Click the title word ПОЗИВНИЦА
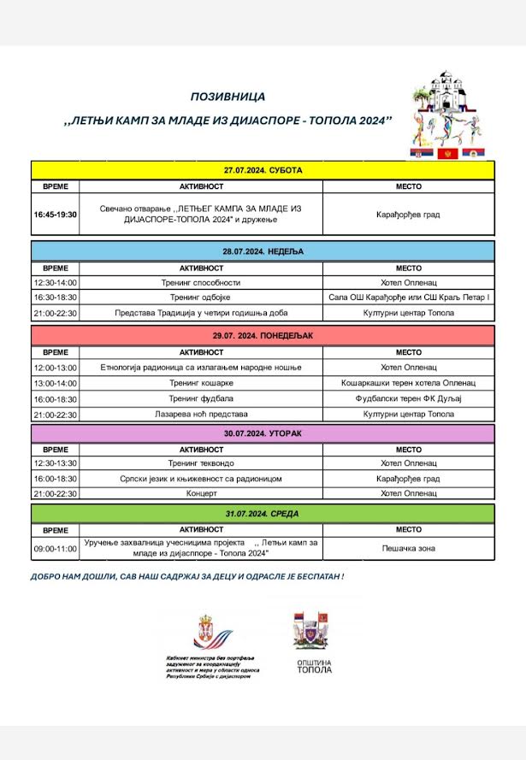tap(228, 97)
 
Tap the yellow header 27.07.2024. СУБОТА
tap(263, 170)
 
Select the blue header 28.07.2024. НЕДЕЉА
tap(263, 251)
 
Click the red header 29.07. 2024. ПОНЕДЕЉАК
tap(263, 335)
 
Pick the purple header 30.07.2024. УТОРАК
tap(263, 433)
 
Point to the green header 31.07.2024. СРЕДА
tap(263, 514)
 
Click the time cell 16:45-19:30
tap(56, 214)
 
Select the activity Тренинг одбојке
tap(201, 298)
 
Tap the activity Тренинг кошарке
tap(201, 383)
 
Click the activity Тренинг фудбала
tap(201, 398)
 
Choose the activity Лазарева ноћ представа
tap(201, 415)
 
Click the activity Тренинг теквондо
tap(201, 463)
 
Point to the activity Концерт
tap(201, 494)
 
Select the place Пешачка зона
tap(408, 547)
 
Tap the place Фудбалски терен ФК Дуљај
tap(408, 398)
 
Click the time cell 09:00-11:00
tap(56, 548)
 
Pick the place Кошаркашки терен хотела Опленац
tap(408, 383)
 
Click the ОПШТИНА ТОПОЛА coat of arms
tap(311, 631)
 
